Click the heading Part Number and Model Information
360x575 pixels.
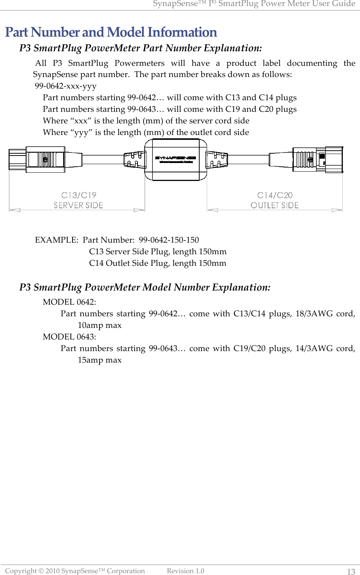[111, 32]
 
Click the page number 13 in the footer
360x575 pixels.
[351, 571]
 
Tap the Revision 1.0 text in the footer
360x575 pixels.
[185, 571]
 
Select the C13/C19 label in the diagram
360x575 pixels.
[79, 195]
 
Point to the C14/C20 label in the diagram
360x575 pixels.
[275, 195]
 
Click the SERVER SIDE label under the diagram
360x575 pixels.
[78, 205]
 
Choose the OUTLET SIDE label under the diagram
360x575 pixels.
[274, 205]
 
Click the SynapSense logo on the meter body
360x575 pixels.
[175, 158]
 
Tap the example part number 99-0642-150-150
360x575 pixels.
[169, 240]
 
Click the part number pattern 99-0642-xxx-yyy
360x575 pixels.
[65, 86]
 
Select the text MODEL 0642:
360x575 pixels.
[69, 302]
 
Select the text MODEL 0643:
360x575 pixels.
[69, 337]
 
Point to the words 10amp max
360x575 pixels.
[99, 325]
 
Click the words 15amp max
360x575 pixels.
[99, 360]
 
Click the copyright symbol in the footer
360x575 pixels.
[41, 571]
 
